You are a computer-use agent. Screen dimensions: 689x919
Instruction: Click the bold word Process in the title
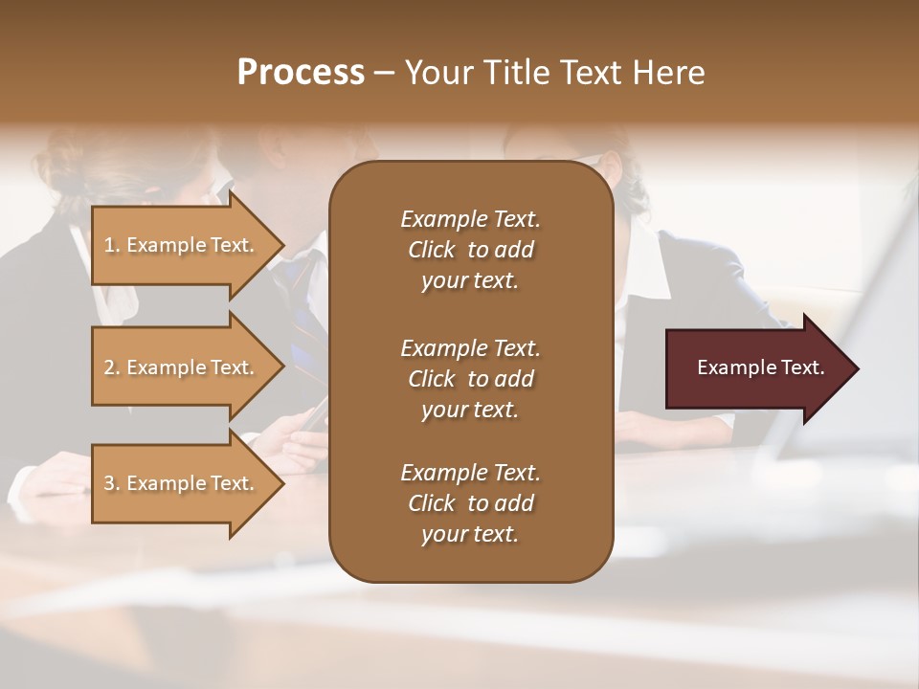tap(301, 73)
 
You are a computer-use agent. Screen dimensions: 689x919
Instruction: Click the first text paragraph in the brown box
tap(470, 250)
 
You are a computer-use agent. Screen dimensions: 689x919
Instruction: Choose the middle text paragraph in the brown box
tap(470, 379)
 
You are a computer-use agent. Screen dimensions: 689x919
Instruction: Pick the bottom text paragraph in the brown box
tap(470, 503)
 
